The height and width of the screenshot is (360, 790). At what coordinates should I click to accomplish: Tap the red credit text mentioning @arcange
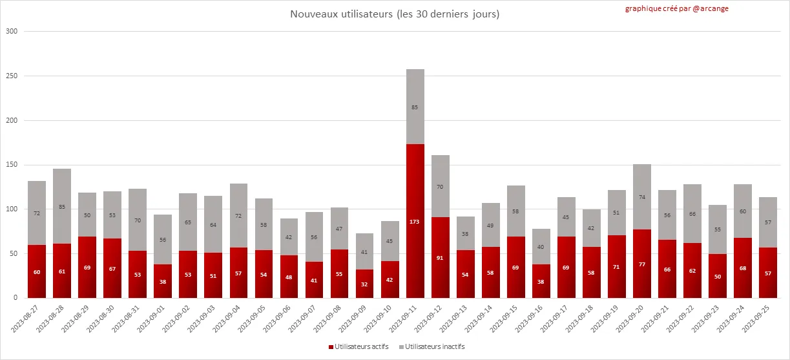coord(676,8)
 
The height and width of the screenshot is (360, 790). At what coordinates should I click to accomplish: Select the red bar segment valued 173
coord(415,221)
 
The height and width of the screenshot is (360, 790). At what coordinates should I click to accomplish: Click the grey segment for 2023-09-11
coord(415,107)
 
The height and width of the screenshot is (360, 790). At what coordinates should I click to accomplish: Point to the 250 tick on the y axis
coord(12,76)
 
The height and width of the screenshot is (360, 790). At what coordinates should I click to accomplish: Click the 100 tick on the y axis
coord(12,209)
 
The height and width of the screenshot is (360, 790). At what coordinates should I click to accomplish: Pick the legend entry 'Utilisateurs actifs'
coord(359,347)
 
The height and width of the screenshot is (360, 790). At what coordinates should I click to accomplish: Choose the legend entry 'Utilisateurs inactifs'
coord(431,347)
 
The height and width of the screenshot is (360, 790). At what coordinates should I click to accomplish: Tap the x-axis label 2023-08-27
coord(26,319)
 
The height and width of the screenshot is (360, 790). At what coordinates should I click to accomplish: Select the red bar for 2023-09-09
coord(365,284)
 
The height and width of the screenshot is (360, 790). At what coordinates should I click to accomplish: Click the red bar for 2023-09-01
coord(163,281)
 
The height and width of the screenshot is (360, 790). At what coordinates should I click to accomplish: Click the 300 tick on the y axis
coord(12,32)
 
